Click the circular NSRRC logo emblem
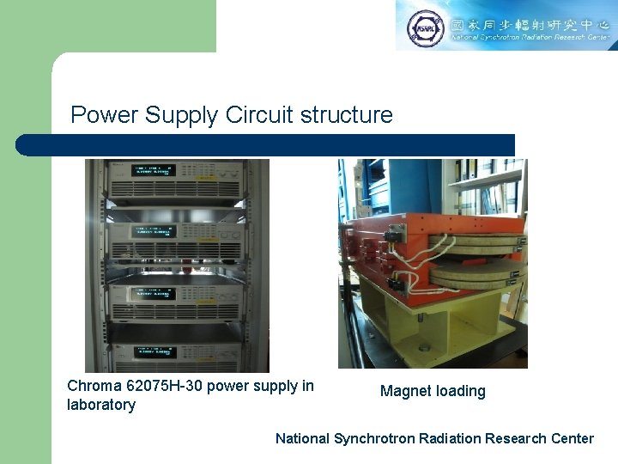tap(424, 27)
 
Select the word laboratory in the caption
tap(101, 405)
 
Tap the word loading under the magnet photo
tap(461, 392)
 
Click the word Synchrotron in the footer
tap(375, 438)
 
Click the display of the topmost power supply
tap(153, 169)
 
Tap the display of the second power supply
tap(153, 230)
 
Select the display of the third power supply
tap(153, 292)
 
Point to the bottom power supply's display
tap(153, 351)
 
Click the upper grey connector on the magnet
tap(396, 232)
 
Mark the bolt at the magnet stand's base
tap(423, 348)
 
